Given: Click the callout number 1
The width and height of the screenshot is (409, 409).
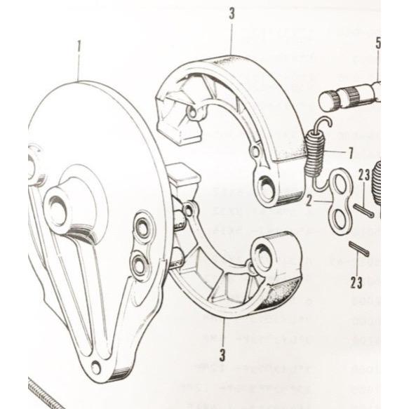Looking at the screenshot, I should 79,47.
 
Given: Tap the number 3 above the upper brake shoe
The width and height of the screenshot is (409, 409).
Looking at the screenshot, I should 232,13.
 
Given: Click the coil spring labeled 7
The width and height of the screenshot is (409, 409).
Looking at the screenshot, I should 317,147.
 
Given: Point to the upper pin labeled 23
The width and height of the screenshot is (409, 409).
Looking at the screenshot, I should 368,208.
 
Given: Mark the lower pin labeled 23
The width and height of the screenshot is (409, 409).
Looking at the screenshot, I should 358,250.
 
